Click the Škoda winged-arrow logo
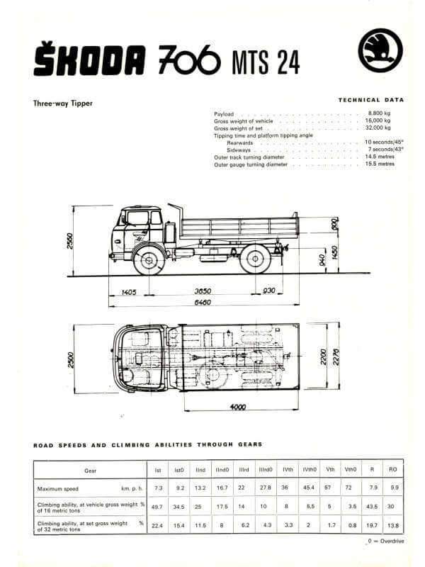point(380,50)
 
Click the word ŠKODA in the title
point(90,58)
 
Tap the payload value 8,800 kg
point(379,113)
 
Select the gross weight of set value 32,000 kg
point(378,128)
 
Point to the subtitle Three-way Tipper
point(63,103)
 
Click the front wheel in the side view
point(149,259)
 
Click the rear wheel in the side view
point(255,259)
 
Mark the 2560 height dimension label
point(70,241)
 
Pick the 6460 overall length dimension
point(203,303)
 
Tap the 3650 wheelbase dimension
point(203,291)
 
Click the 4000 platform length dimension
point(238,407)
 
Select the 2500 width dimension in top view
point(71,360)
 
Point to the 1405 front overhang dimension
point(128,292)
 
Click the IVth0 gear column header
point(310,469)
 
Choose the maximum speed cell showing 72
point(348,488)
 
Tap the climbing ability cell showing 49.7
point(157,507)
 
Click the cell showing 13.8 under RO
point(393,525)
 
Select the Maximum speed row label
point(58,489)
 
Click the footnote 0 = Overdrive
point(386,541)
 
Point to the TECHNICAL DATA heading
point(371,100)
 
